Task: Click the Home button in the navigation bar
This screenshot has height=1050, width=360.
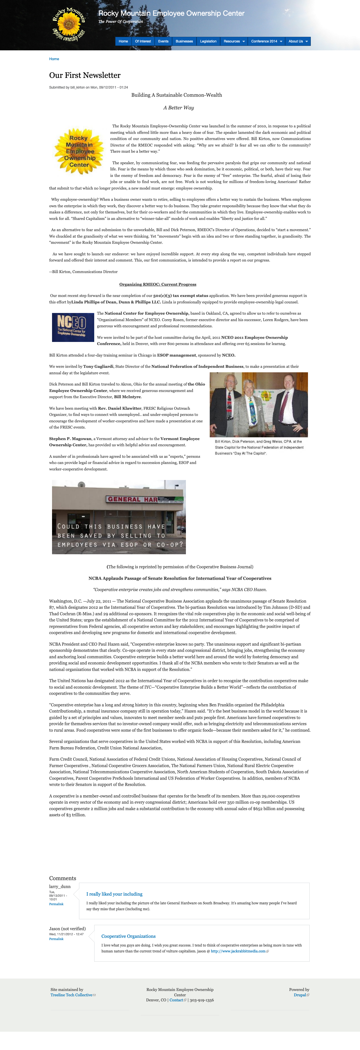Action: [123, 41]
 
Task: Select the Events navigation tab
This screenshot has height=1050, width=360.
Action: [163, 41]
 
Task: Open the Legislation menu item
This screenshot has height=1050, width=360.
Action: [208, 41]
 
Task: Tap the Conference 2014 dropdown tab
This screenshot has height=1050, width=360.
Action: [267, 41]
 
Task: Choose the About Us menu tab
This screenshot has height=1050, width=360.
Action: [298, 41]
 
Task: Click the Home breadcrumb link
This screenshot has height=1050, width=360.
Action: [54, 59]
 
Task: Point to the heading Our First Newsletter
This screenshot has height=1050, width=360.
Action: [85, 75]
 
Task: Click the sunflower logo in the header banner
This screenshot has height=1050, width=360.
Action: [69, 24]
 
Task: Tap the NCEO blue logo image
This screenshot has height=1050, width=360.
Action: [72, 327]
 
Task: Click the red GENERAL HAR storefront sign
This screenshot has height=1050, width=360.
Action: [132, 499]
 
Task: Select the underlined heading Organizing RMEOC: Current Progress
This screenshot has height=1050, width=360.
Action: [158, 285]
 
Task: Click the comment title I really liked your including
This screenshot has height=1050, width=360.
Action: [114, 894]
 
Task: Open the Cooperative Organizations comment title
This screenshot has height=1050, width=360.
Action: [129, 936]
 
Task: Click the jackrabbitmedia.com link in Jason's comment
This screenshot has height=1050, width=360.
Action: [238, 951]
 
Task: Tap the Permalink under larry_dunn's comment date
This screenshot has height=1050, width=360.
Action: [56, 904]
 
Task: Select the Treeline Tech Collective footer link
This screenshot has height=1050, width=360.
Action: [71, 995]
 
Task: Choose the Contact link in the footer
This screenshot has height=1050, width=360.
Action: [176, 1000]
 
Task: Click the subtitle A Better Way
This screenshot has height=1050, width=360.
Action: [179, 108]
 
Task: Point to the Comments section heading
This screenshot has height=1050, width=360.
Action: [62, 878]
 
